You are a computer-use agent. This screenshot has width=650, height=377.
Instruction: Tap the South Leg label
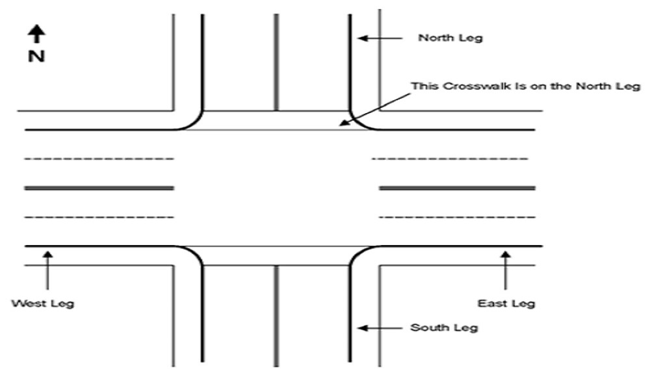[444, 327]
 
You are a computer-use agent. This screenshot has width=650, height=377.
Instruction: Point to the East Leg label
[506, 303]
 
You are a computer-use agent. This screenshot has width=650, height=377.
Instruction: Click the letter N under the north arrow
[36, 57]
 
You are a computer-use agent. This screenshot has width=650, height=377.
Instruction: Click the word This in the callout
[422, 86]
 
